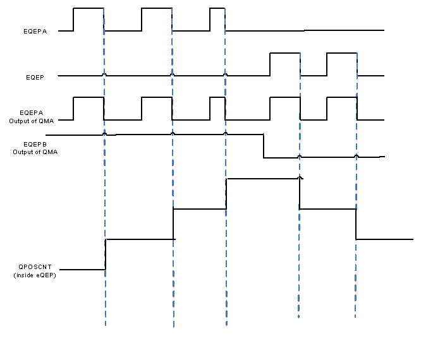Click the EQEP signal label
point(35,76)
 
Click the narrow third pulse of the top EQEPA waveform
point(217,9)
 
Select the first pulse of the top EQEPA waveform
point(88,9)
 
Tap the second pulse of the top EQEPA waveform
point(156,9)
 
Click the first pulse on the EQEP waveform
point(284,54)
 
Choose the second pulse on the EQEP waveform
point(342,54)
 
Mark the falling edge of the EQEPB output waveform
point(264,146)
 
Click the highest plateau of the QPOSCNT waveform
point(262,179)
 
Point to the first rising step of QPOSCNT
point(106,255)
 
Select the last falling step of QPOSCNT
point(356,224)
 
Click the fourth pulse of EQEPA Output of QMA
point(284,98)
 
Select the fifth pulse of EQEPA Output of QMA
point(342,98)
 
